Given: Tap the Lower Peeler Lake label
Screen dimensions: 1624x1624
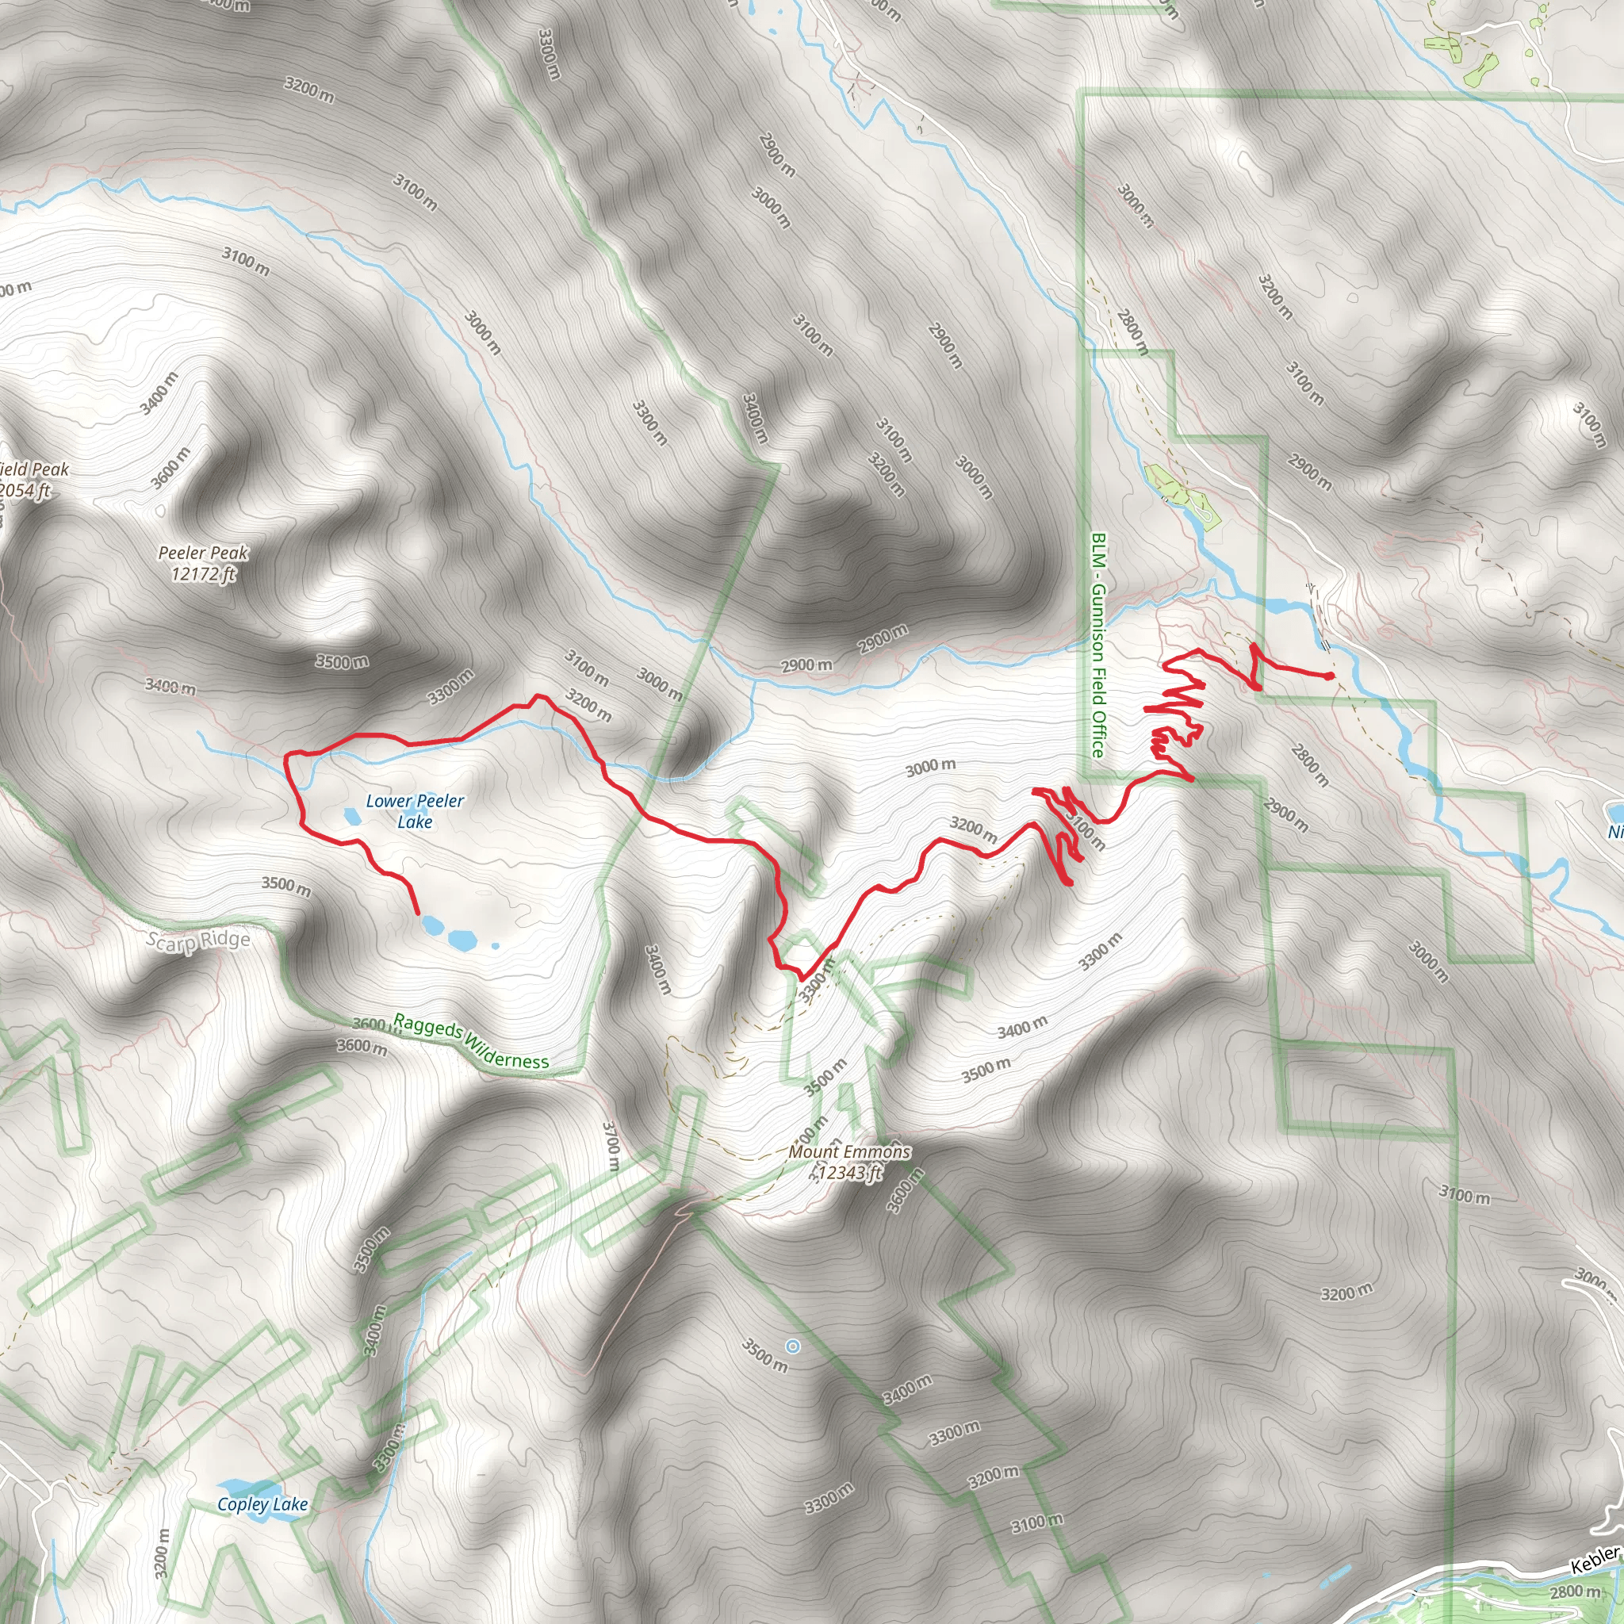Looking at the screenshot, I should [415, 811].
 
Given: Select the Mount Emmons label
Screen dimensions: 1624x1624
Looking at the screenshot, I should [849, 1151].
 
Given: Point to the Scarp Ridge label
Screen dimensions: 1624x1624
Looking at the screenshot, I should [198, 940].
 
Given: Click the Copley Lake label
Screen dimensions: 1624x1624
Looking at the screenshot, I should [262, 1503].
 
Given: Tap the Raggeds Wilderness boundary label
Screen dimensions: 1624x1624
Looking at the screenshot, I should [471, 1042].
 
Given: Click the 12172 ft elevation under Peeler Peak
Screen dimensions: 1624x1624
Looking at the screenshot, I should [204, 574].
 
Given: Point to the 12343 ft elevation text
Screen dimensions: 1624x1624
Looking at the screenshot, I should [849, 1173].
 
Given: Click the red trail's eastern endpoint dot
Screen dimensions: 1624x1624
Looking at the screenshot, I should [1329, 676].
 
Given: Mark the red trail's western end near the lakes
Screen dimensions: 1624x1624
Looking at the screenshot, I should [418, 912].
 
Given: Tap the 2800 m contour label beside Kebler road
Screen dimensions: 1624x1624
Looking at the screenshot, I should [1576, 1592].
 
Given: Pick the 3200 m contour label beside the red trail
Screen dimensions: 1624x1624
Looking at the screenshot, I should [974, 829].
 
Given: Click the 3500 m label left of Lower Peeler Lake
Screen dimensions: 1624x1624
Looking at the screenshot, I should [285, 885].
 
